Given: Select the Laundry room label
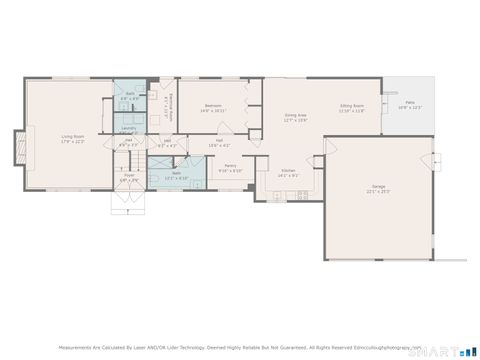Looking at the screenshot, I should [129, 128].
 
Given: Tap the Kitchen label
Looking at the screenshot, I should [288, 171].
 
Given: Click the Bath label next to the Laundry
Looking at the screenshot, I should [129, 95].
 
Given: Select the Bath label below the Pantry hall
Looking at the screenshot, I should [176, 173].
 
